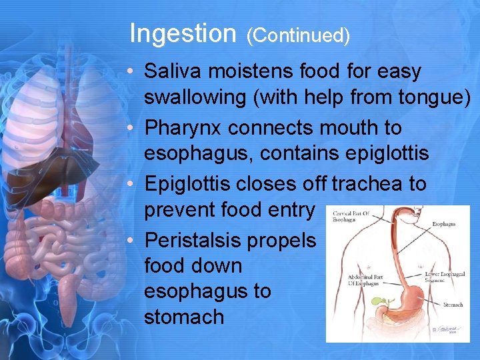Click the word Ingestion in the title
point(183,33)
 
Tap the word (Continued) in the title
point(298,36)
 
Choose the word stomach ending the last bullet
point(184,317)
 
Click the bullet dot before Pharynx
point(134,127)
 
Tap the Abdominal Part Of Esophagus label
point(363,281)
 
